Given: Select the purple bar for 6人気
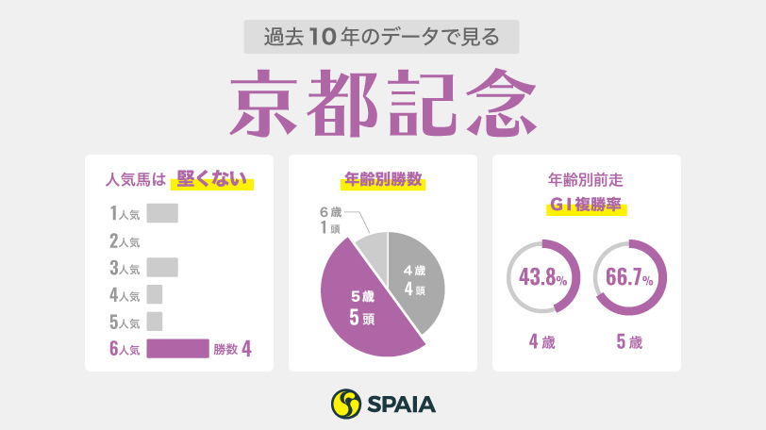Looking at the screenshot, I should (x=177, y=349).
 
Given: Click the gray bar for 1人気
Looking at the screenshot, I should (x=162, y=213).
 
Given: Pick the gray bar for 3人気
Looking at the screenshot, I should (x=162, y=267).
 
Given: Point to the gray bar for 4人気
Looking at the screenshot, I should (x=155, y=294).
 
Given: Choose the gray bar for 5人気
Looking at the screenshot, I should (x=155, y=322).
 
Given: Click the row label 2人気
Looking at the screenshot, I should (x=125, y=240).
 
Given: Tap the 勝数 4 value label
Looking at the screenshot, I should (x=232, y=349).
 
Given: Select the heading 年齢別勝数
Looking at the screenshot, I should (x=383, y=177).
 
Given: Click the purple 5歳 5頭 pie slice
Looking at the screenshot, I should (x=363, y=306).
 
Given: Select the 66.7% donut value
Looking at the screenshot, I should (x=629, y=278).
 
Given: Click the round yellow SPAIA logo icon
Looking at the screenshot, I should (x=347, y=404).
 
